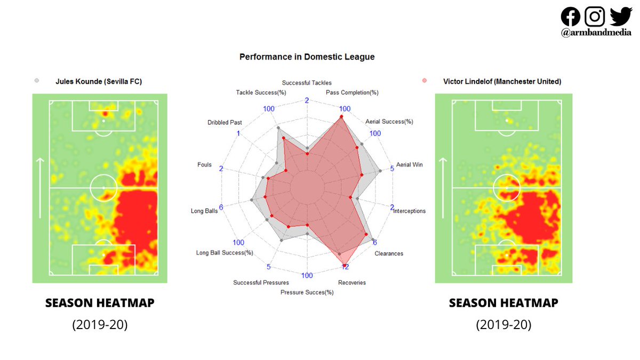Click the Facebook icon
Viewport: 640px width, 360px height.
[571, 17]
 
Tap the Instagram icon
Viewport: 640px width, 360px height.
[595, 17]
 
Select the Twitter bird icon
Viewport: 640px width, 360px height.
[620, 16]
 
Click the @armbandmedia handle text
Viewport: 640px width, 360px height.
[596, 33]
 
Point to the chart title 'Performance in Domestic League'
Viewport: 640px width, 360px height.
[307, 57]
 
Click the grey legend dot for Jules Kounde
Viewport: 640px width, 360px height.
[37, 81]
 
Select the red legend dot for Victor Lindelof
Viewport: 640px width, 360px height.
[425, 81]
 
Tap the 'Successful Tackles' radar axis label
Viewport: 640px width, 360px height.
[307, 83]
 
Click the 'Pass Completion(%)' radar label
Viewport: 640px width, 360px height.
[351, 92]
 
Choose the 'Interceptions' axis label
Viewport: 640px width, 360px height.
[409, 211]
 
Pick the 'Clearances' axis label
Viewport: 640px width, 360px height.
[389, 253]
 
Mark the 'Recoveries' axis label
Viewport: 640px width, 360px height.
[352, 282]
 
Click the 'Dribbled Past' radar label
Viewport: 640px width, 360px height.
[225, 122]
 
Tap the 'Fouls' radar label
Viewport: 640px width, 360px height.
[204, 165]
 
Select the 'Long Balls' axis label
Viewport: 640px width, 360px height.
[204, 211]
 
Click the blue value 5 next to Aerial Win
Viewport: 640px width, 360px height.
[393, 169]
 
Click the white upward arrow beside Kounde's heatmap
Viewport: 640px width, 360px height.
[40, 188]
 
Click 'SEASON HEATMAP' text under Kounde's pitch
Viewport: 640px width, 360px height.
[100, 303]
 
